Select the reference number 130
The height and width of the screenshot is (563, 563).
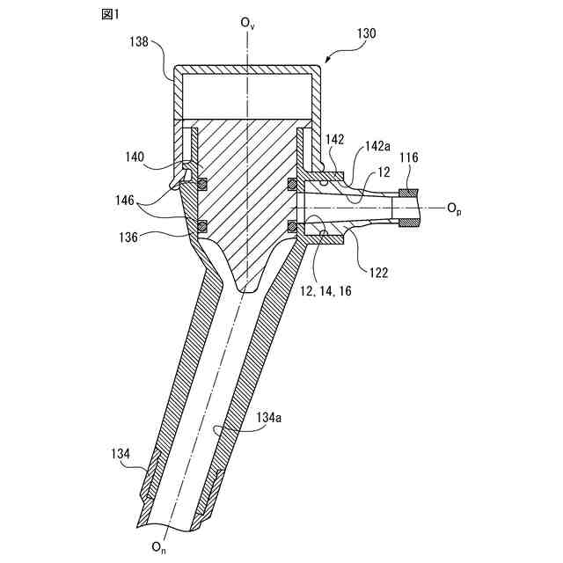[x=367, y=33]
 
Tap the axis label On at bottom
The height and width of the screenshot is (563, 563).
[x=157, y=548]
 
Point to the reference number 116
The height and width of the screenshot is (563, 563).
[x=409, y=157]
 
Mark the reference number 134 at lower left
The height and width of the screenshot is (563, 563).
[x=121, y=454]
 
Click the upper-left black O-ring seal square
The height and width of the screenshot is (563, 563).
[x=201, y=185]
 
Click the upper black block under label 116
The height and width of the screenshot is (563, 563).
[x=407, y=193]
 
